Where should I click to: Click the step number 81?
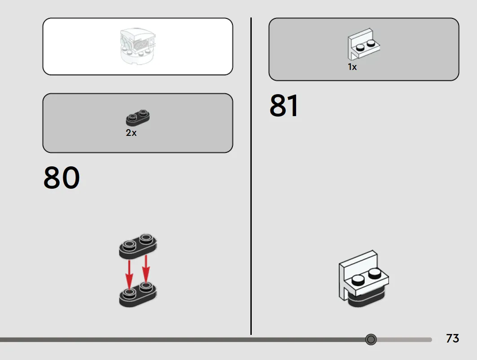[284, 105]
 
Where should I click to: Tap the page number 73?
[452, 338]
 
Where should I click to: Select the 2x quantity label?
[131, 133]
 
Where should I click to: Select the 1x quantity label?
[352, 67]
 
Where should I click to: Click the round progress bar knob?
[371, 339]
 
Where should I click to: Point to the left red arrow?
[129, 274]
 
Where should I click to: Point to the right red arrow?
[146, 269]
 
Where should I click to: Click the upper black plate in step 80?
[138, 247]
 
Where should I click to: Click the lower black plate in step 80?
[138, 295]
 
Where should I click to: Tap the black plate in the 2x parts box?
[138, 117]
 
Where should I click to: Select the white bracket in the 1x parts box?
[363, 44]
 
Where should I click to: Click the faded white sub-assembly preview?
[138, 46]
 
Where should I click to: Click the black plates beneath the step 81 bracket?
[367, 300]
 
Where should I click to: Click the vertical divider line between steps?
[251, 176]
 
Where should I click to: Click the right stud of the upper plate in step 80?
[146, 239]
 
